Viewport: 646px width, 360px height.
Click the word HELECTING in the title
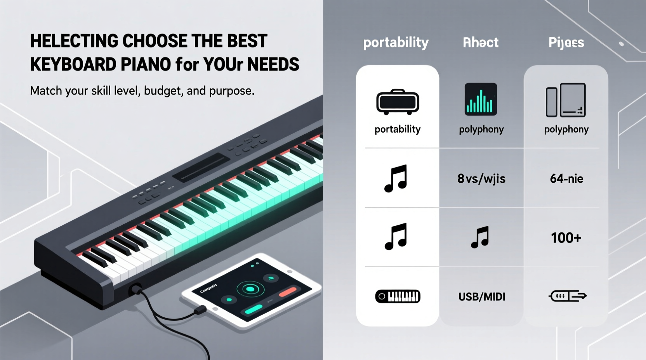tap(74, 41)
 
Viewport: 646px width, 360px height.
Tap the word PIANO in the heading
tap(146, 64)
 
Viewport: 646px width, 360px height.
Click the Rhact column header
tap(481, 42)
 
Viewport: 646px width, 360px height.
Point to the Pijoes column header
tap(566, 42)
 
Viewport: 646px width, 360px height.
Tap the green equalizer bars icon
tap(481, 99)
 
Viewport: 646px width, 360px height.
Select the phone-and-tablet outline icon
tap(566, 100)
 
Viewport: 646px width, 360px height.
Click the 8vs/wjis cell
tap(481, 178)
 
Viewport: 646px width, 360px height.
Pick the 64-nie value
tap(566, 178)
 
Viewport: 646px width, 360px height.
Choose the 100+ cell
tap(566, 237)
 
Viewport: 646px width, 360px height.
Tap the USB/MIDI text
tap(482, 297)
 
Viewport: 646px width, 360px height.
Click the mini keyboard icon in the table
tap(398, 296)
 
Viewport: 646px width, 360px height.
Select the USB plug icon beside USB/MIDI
tap(567, 296)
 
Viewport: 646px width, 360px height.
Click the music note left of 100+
tap(480, 237)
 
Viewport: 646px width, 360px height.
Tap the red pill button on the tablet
tap(288, 291)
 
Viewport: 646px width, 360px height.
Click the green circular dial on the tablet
tap(250, 289)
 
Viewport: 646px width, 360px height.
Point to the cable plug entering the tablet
tap(200, 310)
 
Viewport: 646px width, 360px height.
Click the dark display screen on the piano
tap(201, 167)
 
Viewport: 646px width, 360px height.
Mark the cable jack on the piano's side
tap(135, 289)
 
